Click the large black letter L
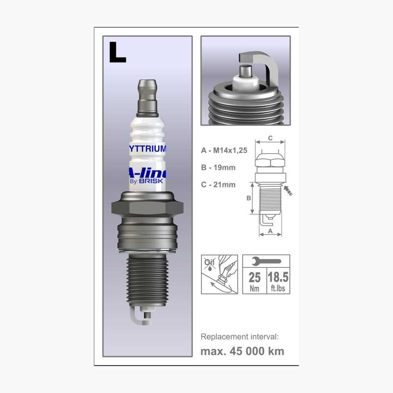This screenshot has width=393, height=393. [117, 52]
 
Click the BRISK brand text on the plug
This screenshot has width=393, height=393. [153, 181]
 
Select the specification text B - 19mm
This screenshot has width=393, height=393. [218, 168]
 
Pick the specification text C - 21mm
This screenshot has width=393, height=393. [218, 184]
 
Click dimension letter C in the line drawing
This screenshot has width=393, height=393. [270, 138]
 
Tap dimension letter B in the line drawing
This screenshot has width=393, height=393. [249, 198]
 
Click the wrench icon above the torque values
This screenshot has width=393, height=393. [266, 261]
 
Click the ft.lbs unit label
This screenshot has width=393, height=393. [278, 288]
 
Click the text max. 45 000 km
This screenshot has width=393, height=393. [242, 351]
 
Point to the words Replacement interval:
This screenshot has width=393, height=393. [240, 337]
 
